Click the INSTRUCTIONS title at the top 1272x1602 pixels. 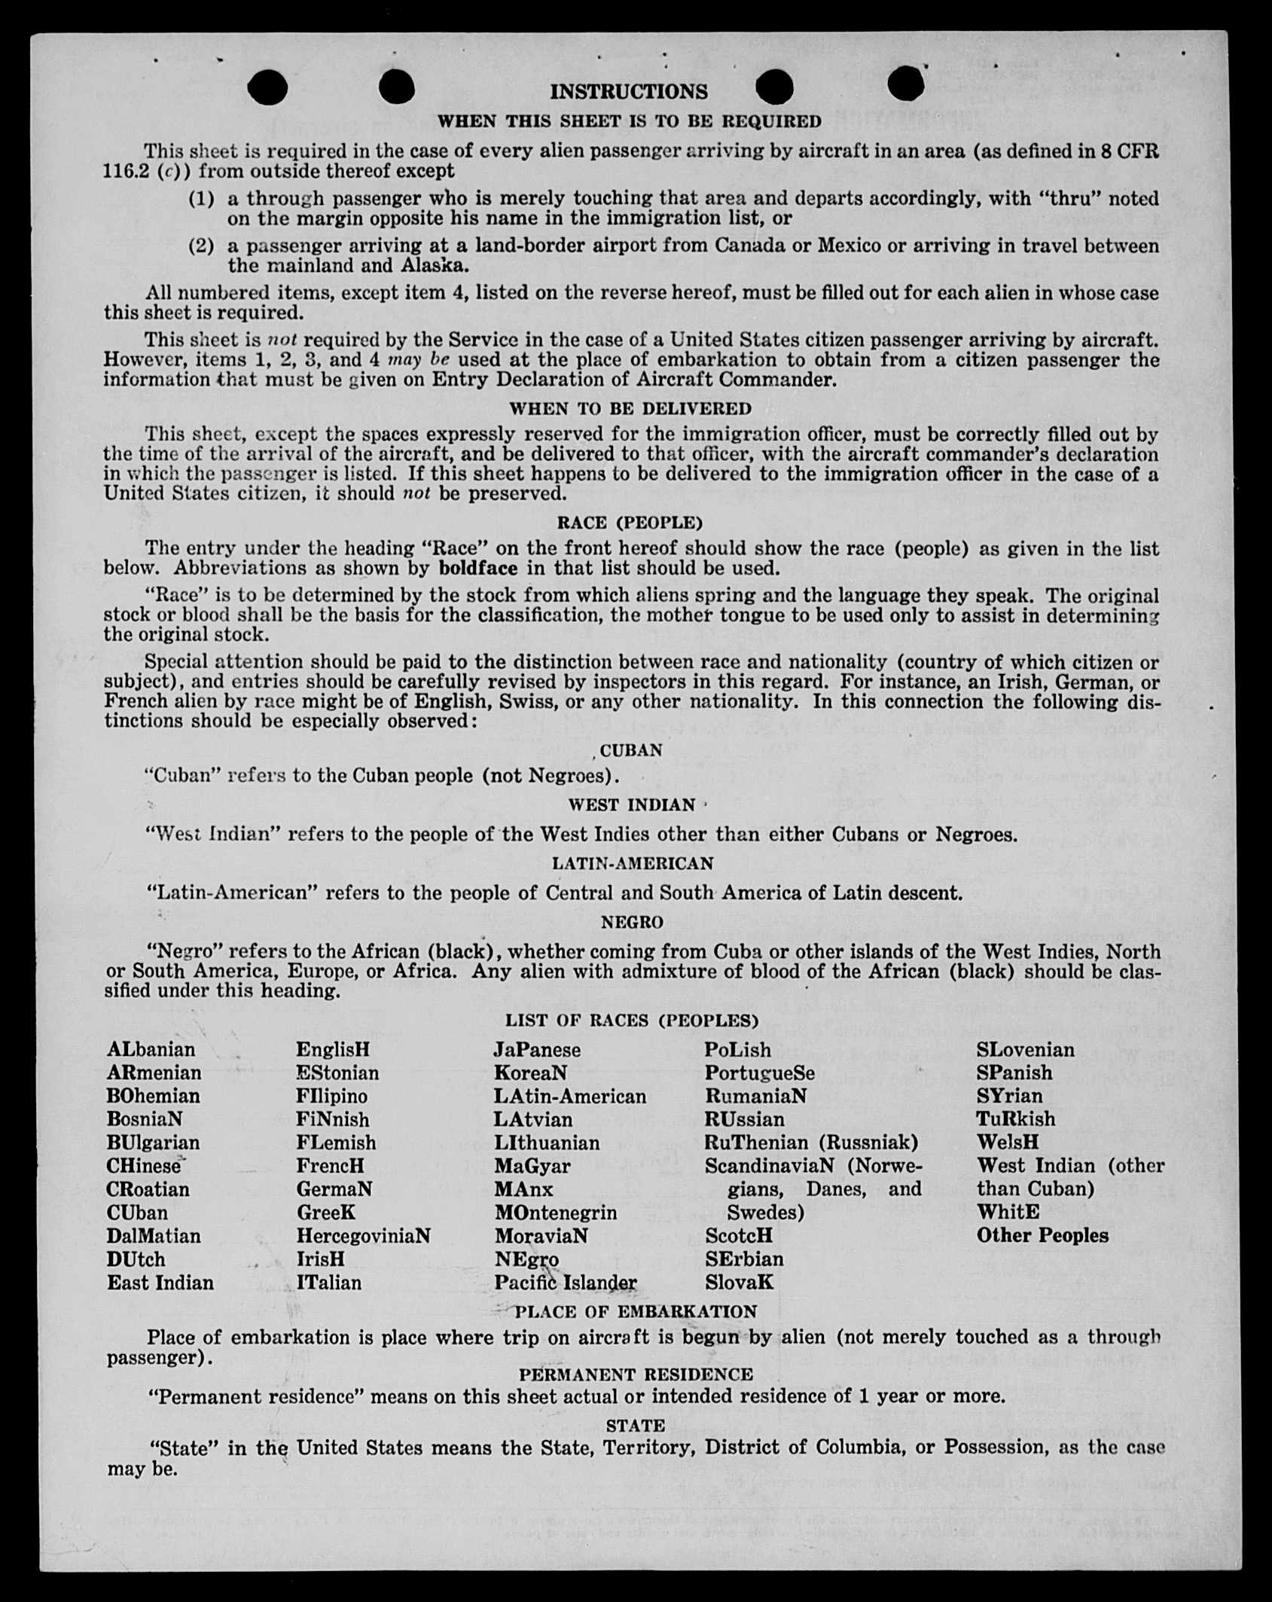(629, 92)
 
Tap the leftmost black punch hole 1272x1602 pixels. (267, 87)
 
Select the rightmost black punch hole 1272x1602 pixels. (905, 84)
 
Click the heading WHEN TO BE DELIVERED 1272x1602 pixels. (630, 409)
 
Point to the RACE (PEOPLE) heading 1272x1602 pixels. (630, 523)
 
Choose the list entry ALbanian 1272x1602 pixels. (151, 1050)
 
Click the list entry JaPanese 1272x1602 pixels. (537, 1050)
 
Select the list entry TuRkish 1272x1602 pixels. (1016, 1119)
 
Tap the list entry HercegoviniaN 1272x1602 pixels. (363, 1236)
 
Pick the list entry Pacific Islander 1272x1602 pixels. (566, 1283)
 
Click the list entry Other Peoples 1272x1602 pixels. (1042, 1236)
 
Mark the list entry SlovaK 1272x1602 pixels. (739, 1283)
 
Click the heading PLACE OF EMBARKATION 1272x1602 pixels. (636, 1312)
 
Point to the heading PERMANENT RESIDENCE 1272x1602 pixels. (636, 1375)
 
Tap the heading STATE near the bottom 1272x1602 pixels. (636, 1426)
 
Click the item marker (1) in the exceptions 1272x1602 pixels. (201, 199)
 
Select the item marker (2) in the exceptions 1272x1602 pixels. (201, 246)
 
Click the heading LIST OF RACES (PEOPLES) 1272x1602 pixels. (631, 1021)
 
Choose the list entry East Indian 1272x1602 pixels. (160, 1283)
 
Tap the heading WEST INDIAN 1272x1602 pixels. (631, 805)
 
